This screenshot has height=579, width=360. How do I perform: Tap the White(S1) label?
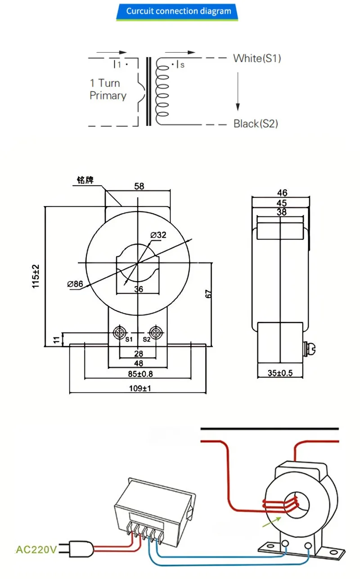(x=257, y=58)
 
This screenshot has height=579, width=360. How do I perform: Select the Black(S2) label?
(x=256, y=124)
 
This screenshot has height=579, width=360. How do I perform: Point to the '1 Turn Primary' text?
(x=108, y=89)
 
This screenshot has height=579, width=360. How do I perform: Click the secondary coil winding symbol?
(x=162, y=90)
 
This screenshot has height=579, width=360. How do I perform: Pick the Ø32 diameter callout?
(x=159, y=234)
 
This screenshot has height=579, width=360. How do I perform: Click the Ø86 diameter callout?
(x=75, y=284)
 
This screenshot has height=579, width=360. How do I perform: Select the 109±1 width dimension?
(x=138, y=388)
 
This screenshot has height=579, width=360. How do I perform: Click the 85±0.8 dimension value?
(x=138, y=374)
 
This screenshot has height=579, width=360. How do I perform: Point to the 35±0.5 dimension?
(x=279, y=373)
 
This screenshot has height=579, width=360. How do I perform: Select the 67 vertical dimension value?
(x=208, y=293)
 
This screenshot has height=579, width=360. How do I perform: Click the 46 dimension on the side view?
(x=282, y=193)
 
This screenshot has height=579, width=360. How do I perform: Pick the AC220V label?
(x=36, y=549)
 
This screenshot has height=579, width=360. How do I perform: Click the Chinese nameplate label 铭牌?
(x=85, y=180)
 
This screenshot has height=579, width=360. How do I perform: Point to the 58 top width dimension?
(x=139, y=186)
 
